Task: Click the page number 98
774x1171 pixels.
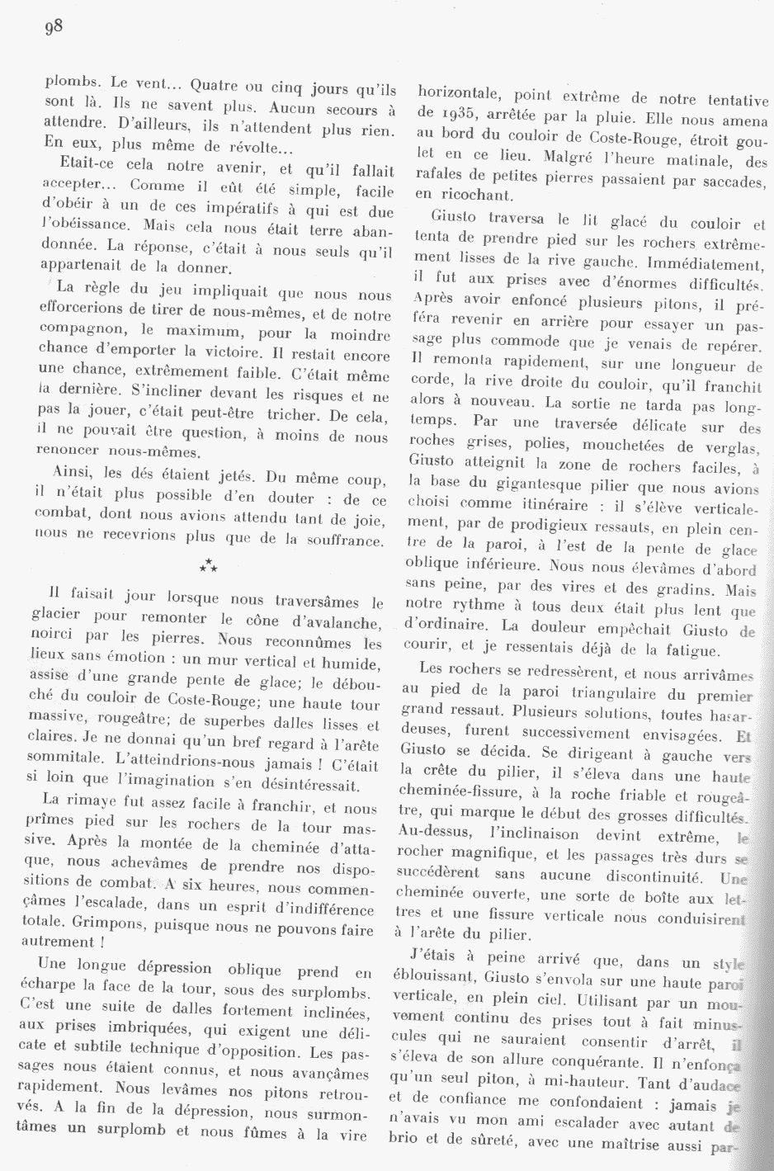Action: [54, 26]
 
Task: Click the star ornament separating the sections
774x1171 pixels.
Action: [208, 565]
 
